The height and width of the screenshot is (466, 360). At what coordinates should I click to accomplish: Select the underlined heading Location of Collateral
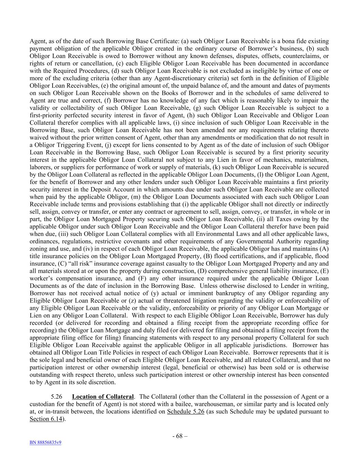point(103,397)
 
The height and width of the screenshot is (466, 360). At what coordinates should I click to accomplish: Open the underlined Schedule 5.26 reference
point(186,411)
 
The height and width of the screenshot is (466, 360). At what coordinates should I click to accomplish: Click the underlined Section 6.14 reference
point(46,419)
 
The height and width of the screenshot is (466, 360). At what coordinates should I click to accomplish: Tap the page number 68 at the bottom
point(179,436)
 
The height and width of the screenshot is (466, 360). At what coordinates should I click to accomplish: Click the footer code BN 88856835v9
point(45,443)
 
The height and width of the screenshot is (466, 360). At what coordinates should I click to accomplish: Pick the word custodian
point(42,404)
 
